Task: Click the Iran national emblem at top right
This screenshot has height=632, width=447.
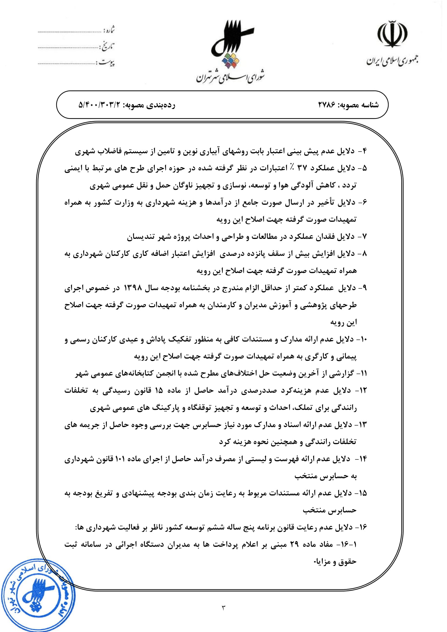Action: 392,34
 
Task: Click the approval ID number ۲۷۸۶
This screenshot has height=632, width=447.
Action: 327,105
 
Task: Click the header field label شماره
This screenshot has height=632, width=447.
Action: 109,30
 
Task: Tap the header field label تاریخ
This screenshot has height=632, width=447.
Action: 108,46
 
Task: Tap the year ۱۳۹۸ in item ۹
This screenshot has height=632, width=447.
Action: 133,288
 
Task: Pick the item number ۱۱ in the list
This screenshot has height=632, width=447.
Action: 363,373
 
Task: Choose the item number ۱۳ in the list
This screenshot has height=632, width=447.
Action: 363,425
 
